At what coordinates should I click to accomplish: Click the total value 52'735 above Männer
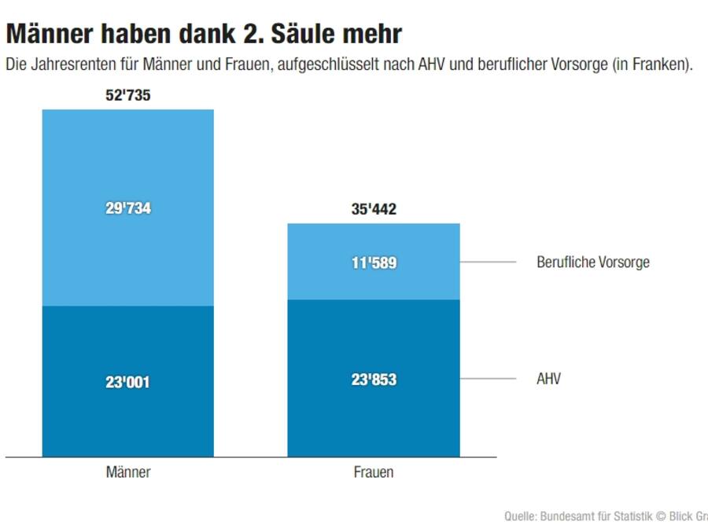[127, 96]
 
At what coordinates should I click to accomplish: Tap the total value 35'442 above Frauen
[373, 210]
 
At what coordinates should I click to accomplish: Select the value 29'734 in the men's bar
[127, 209]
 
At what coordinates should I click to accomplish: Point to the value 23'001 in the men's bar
[127, 383]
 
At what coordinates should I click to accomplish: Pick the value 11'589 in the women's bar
[373, 262]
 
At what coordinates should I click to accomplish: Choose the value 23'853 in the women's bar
[373, 380]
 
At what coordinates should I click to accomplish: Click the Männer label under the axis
[127, 473]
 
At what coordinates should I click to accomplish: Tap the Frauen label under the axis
[373, 473]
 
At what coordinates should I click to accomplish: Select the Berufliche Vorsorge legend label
[592, 262]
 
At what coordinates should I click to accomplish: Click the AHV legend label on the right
[548, 380]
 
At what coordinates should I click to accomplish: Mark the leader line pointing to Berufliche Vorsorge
[488, 262]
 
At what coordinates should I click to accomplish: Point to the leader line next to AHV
[488, 379]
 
